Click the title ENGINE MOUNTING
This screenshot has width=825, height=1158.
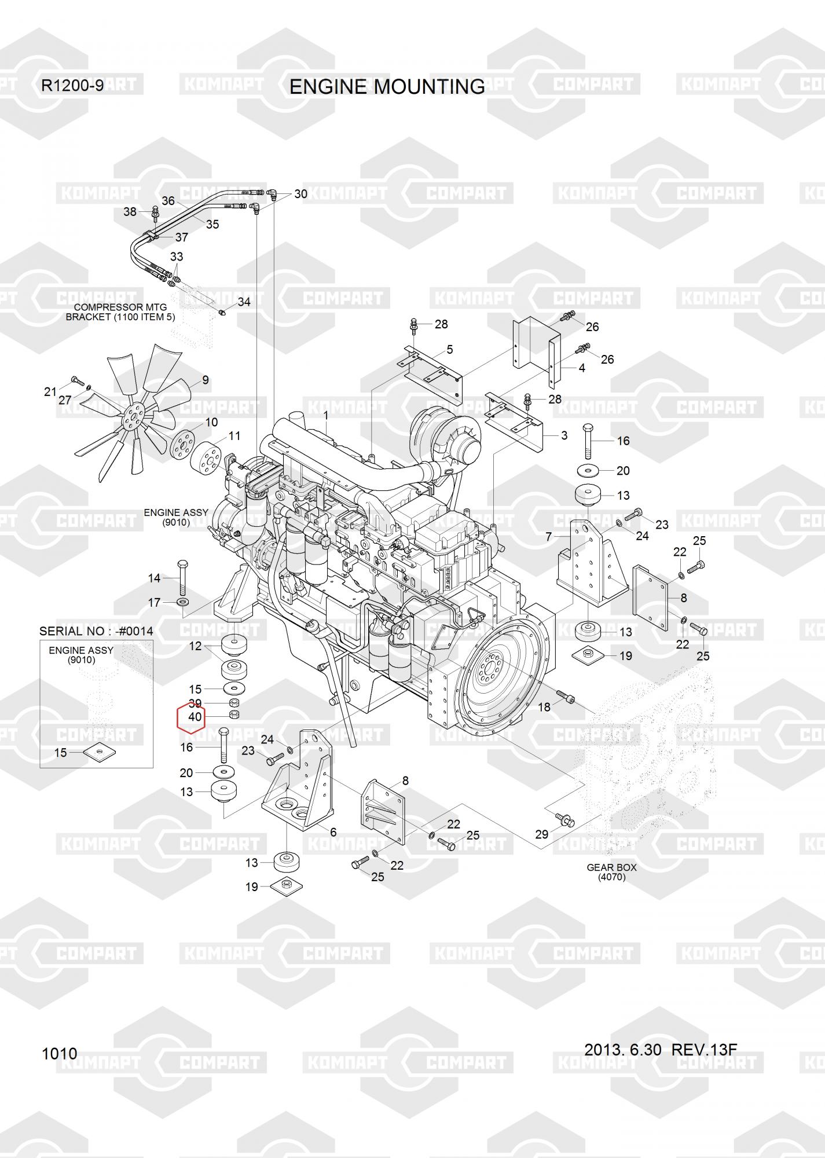387,87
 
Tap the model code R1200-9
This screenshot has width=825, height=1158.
72,86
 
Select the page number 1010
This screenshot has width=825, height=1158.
59,1053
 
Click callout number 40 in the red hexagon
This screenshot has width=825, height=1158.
195,717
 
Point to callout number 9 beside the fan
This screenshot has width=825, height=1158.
206,380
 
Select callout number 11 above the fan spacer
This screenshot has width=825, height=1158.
234,435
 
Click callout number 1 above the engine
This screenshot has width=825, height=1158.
326,415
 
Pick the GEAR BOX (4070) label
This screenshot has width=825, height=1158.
611,872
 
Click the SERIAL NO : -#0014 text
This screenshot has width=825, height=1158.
96,631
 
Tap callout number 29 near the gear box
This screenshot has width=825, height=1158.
541,834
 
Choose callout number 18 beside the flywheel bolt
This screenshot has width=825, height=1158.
544,708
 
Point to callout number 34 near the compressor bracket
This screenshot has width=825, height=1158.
244,302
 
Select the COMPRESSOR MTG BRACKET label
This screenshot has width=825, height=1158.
120,312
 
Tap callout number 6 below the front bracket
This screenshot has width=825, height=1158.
333,832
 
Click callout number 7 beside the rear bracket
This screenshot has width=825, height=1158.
549,537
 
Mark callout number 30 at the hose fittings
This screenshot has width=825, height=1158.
300,194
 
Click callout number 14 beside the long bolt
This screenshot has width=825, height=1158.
154,577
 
